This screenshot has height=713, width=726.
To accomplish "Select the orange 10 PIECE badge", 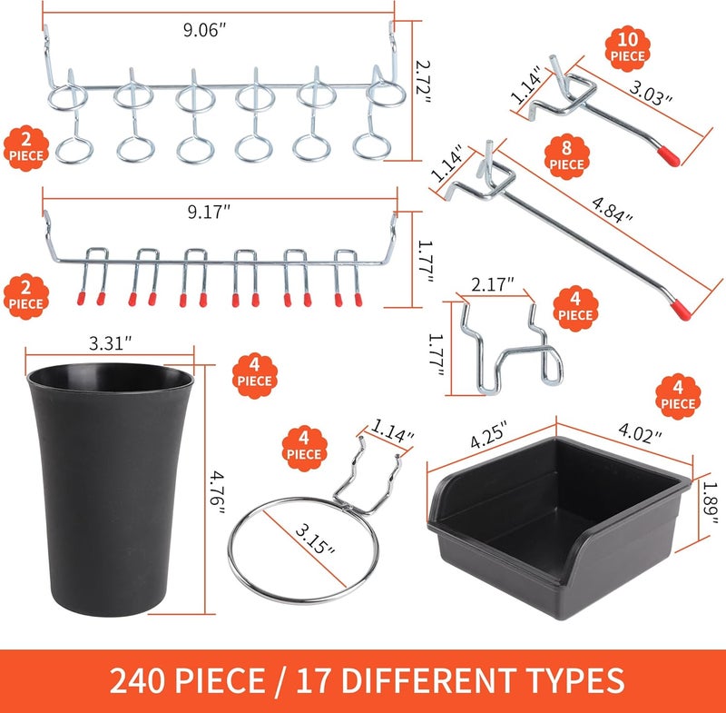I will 628,45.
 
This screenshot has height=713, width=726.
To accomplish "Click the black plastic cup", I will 111,486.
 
